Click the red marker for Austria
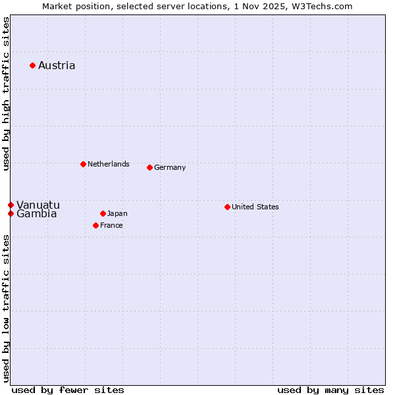pos(32,65)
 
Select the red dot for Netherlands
pos(83,164)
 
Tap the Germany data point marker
pos(149,167)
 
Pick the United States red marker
pos(227,207)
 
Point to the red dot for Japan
pos(103,213)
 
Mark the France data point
pos(95,225)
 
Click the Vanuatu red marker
pos(11,205)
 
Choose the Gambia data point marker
pos(11,213)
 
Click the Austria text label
pos(57,65)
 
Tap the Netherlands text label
pos(109,164)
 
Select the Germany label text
pos(170,167)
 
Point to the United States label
pos(255,207)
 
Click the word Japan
pos(117,213)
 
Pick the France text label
pos(111,225)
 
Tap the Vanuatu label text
pos(38,205)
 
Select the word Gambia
pos(37,214)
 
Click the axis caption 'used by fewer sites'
pos(68,390)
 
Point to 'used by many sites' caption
pos(330,390)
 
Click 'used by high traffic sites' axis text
pos(6,94)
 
